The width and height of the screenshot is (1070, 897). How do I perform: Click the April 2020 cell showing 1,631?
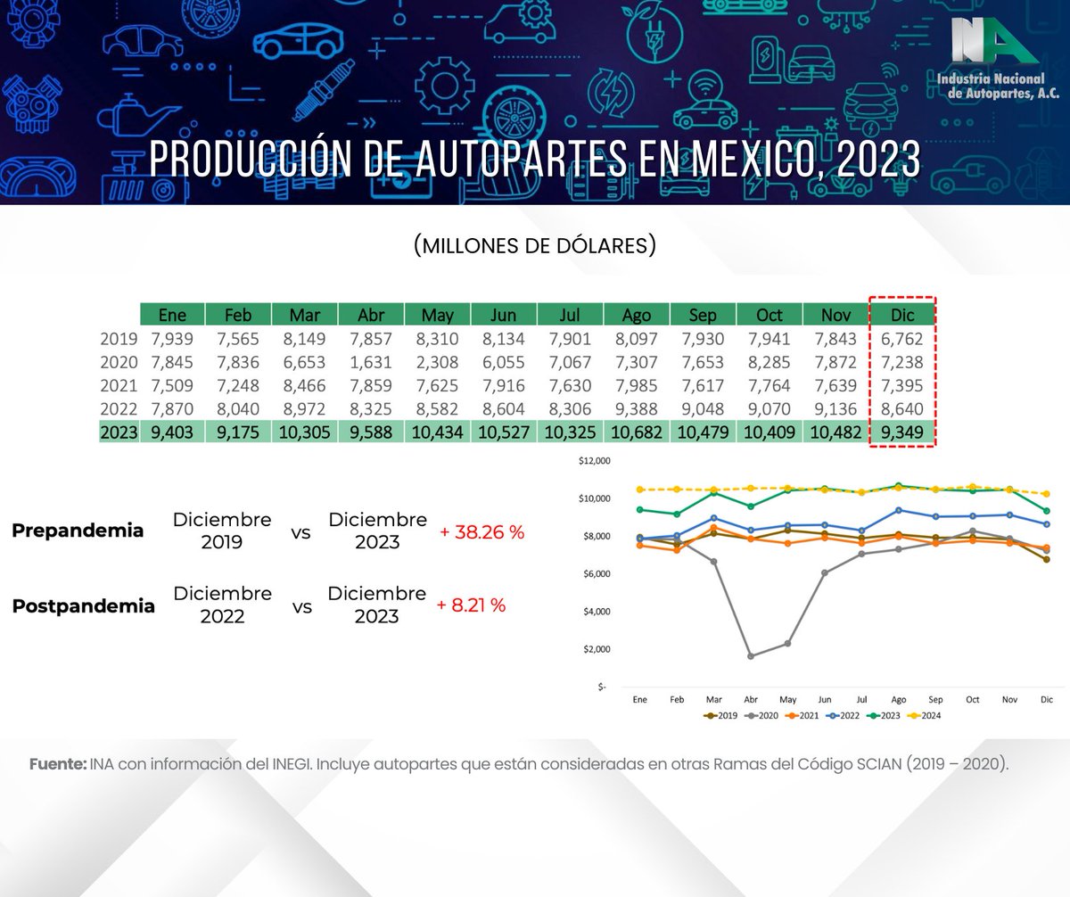pos(371,362)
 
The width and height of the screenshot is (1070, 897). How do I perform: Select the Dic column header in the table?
pos(902,315)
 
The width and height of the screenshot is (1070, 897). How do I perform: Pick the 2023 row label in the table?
pos(119,433)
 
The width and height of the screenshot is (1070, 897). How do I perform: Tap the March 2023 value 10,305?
pos(304,433)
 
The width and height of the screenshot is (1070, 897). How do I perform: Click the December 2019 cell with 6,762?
pos(902,339)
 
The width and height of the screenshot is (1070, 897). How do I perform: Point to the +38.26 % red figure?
pos(482,532)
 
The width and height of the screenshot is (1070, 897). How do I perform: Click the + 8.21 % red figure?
pos(471,605)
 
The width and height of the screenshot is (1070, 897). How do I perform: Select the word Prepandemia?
pos(78,531)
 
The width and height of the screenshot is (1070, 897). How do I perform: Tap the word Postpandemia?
pos(83,606)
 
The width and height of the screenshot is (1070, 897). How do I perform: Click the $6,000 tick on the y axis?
pos(591,574)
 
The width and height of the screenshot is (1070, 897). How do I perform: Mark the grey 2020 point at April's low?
pos(752,655)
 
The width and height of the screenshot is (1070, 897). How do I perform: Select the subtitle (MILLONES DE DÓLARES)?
pos(535,246)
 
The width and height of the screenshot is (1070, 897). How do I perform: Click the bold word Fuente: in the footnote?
pos(58,764)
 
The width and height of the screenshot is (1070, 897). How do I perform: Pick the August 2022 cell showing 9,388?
pos(637,409)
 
